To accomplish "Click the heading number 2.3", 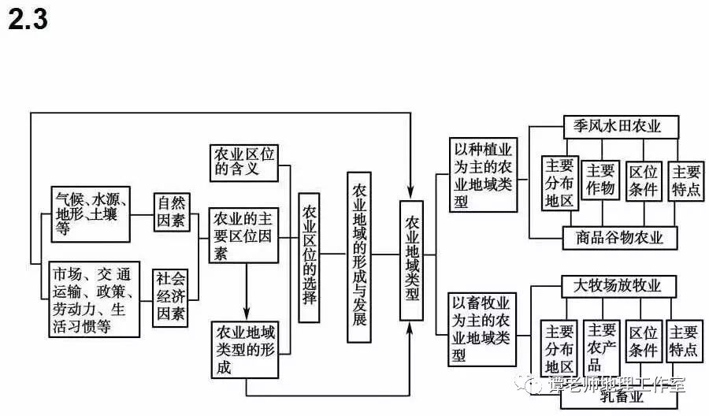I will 28,20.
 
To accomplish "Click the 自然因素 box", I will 172,212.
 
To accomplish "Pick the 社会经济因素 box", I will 171,297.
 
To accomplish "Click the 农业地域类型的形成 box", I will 246,347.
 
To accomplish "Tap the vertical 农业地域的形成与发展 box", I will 359,254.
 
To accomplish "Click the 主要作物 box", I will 600,180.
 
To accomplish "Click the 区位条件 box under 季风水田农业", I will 644,181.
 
